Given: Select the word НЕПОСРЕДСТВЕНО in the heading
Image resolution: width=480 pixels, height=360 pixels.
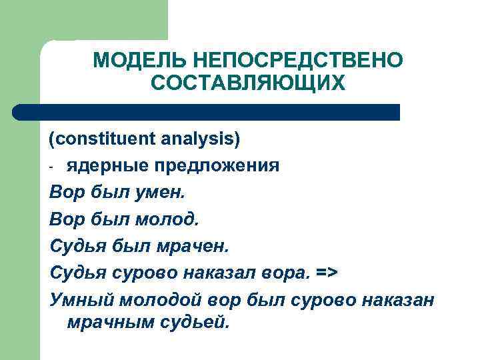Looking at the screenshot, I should pos(297,61).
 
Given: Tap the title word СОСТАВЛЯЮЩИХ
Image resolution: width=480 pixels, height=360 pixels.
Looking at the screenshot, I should pos(248,83).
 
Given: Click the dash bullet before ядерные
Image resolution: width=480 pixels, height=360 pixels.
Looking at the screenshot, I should pos(52,166).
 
